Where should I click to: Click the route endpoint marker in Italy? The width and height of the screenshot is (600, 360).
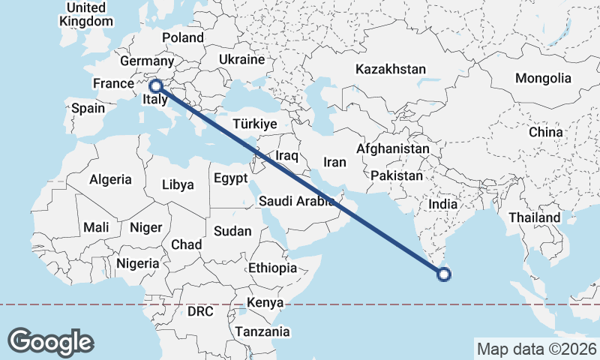click(x=157, y=86)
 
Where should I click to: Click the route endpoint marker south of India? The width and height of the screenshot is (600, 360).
click(x=443, y=274)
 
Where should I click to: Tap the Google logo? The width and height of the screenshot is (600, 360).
click(x=51, y=342)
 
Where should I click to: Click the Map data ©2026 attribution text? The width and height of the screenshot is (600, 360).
click(x=537, y=349)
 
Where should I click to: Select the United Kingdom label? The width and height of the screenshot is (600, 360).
click(x=86, y=14)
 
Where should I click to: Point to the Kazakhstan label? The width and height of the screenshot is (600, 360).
click(x=391, y=69)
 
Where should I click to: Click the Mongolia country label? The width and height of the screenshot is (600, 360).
click(x=543, y=78)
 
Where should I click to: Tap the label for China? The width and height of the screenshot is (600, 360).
click(x=545, y=132)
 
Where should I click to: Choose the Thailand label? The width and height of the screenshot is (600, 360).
click(x=535, y=217)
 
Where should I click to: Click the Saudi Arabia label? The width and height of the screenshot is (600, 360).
click(x=296, y=201)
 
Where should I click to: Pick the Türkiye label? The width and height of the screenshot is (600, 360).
click(x=255, y=124)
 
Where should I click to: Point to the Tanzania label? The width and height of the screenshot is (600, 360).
click(x=262, y=331)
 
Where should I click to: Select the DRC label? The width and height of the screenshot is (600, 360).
click(x=201, y=310)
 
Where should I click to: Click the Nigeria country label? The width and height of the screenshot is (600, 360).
click(x=138, y=263)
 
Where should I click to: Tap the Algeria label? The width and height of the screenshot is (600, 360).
click(x=110, y=180)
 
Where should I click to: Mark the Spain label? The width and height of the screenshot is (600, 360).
click(x=88, y=108)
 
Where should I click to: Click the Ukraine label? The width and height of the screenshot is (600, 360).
click(x=241, y=59)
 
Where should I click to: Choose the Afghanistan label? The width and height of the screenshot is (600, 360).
click(x=392, y=149)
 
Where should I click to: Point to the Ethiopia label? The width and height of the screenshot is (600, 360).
click(x=273, y=268)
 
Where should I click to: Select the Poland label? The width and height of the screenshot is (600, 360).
click(x=183, y=37)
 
